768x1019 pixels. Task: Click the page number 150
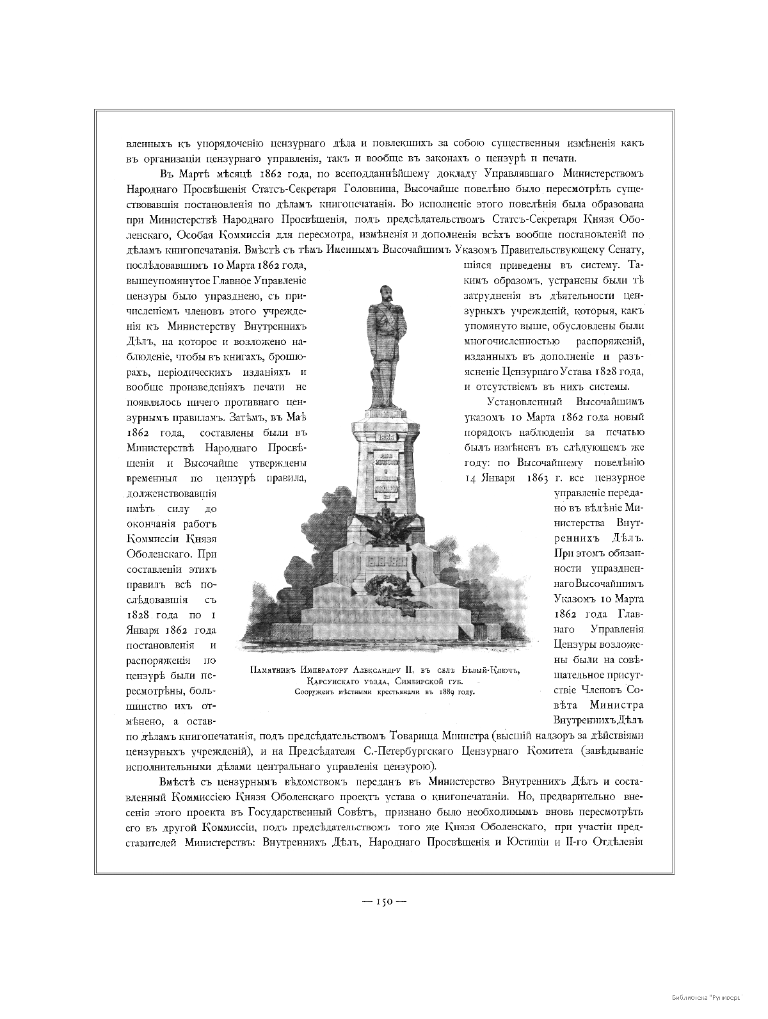(x=384, y=901)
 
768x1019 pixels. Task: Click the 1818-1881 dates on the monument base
(x=387, y=560)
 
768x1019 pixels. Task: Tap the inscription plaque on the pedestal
(x=387, y=474)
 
